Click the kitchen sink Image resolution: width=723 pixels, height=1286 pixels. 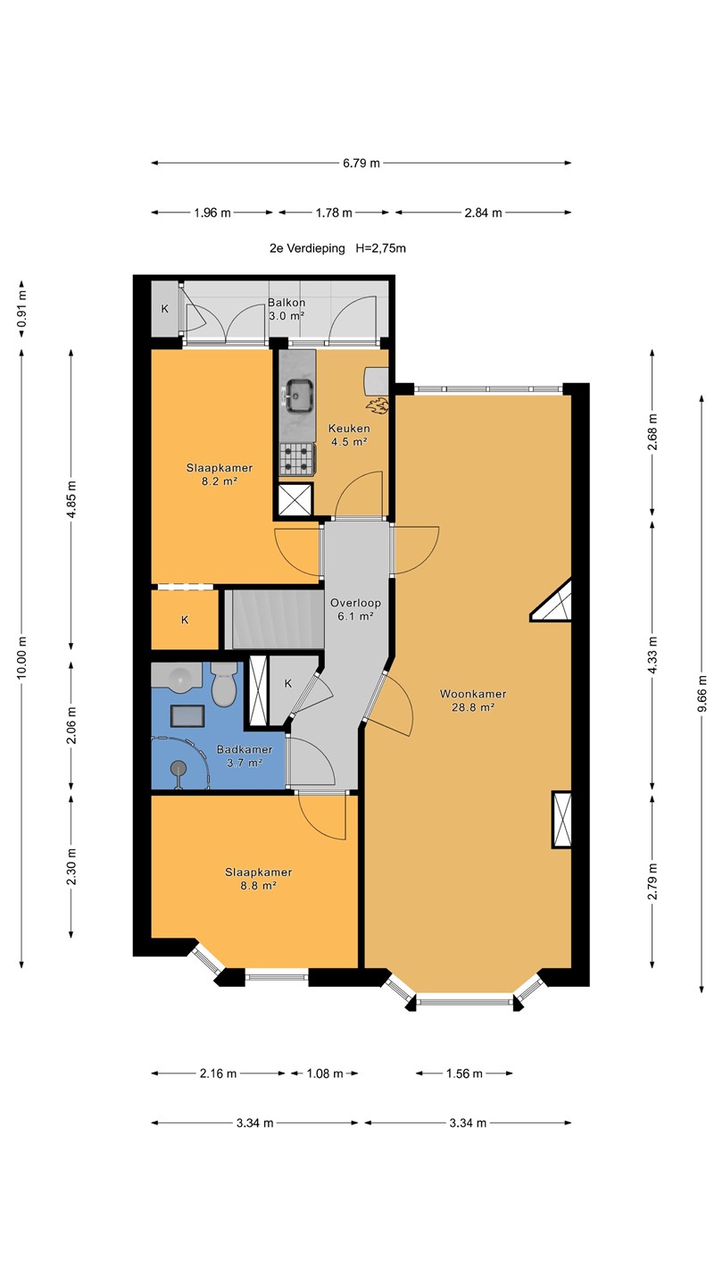pyautogui.click(x=299, y=396)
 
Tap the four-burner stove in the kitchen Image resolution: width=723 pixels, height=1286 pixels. pyautogui.click(x=297, y=459)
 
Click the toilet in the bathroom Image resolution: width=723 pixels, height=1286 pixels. pyautogui.click(x=224, y=684)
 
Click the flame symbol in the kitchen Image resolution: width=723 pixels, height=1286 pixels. pyautogui.click(x=378, y=405)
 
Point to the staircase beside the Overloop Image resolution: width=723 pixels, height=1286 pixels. pyautogui.click(x=274, y=620)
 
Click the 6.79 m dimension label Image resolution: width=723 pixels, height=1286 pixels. pyautogui.click(x=361, y=163)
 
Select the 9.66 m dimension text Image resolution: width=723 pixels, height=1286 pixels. pyautogui.click(x=702, y=694)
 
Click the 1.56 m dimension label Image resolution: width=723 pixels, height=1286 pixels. pyautogui.click(x=464, y=1073)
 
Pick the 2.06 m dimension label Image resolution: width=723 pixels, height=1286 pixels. pyautogui.click(x=71, y=726)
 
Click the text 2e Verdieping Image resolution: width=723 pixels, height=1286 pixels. pyautogui.click(x=308, y=248)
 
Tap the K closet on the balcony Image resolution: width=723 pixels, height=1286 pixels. pyautogui.click(x=164, y=309)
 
